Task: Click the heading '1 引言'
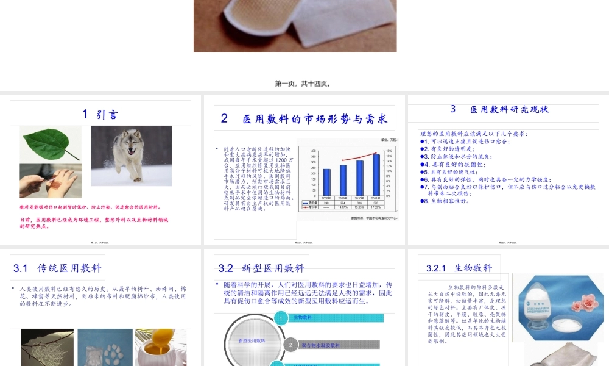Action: coord(100,114)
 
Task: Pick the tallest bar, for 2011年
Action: coord(376,174)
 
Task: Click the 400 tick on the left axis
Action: coord(314,151)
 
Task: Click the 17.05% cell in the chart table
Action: coord(376,207)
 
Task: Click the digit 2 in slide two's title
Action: coord(224,119)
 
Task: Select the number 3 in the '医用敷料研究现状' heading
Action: coord(453,109)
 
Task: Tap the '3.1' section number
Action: coord(21,268)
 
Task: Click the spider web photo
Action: coord(48,348)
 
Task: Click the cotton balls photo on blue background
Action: coord(105,348)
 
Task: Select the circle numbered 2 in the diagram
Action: coord(290,345)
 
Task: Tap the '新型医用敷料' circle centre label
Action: coord(252,340)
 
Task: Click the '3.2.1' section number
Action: coord(436,268)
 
